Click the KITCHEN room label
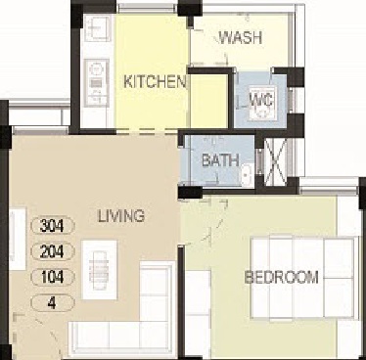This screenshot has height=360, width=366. [155, 81]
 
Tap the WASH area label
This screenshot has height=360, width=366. [241, 37]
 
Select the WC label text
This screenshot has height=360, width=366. [261, 100]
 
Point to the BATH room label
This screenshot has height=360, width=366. [220, 160]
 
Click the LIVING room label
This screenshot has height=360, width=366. [121, 215]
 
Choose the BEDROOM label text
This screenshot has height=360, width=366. [282, 277]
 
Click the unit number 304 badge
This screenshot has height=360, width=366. [53, 225]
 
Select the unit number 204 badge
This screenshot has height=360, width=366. [53, 251]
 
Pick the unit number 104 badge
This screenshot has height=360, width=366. [53, 277]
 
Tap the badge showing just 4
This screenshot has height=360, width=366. [53, 303]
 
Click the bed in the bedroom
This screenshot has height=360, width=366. [302, 278]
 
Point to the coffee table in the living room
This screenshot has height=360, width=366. [99, 270]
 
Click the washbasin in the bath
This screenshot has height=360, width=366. [248, 176]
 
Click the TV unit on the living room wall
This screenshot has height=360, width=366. [18, 239]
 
